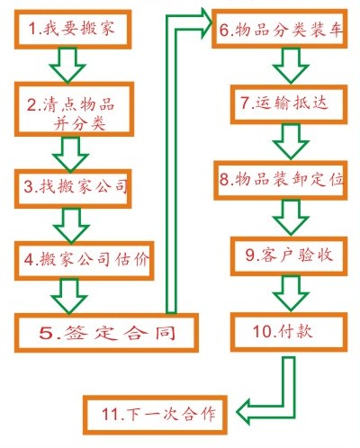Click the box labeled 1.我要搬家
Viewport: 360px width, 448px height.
click(73, 29)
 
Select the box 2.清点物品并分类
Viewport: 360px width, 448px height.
click(74, 109)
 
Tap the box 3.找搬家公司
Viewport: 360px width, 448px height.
click(73, 189)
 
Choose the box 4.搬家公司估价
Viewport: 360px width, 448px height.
click(84, 261)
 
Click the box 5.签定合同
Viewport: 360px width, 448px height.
click(106, 333)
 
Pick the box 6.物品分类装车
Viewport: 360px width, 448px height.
click(280, 29)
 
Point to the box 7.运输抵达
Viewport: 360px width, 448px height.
click(289, 104)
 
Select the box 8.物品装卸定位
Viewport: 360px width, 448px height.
click(281, 180)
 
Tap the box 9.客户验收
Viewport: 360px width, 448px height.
click(289, 256)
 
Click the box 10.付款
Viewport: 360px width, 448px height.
click(289, 332)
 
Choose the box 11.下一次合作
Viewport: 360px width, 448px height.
click(155, 415)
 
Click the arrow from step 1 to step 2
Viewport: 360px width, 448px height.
click(67, 65)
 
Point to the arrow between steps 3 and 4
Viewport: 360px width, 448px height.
click(71, 225)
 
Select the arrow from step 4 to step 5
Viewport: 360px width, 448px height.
click(69, 297)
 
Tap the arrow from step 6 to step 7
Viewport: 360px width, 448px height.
click(291, 66)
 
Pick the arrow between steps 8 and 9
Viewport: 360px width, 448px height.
click(291, 218)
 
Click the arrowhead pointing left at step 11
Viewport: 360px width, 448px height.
click(244, 412)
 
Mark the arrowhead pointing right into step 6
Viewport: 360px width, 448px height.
click(206, 23)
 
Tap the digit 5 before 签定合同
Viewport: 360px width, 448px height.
click(47, 333)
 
